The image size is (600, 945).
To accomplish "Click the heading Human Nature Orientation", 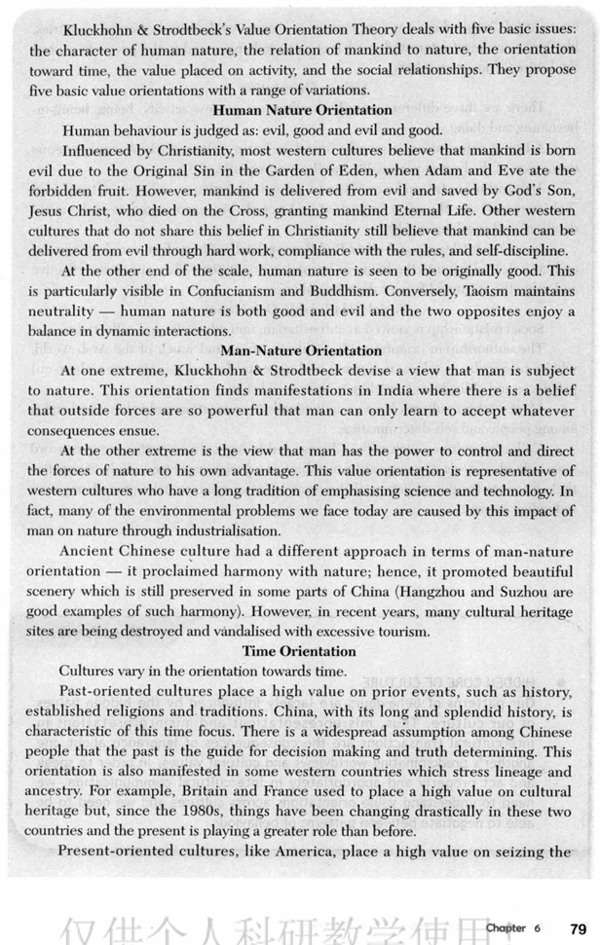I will coord(301,111).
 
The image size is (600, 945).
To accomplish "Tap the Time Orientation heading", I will coord(299,650).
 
